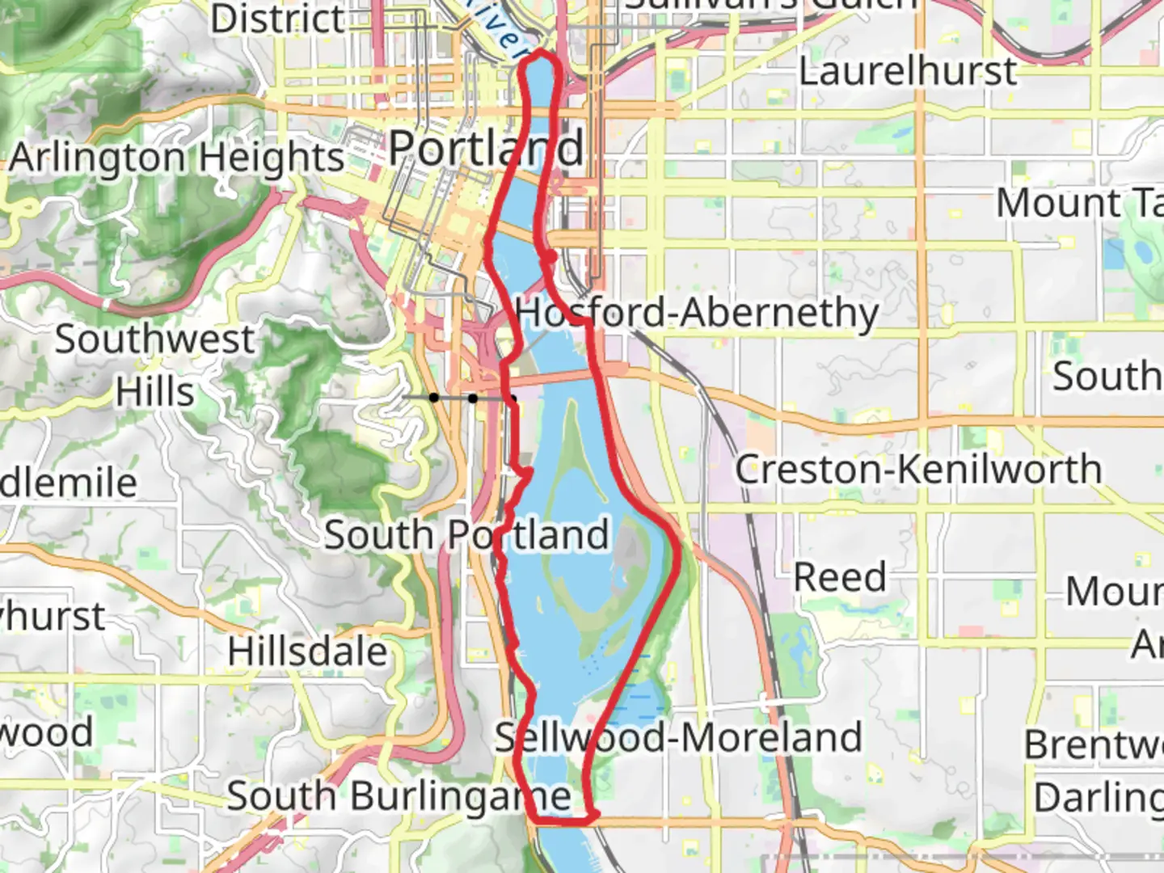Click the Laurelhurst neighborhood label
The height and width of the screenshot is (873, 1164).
point(907,71)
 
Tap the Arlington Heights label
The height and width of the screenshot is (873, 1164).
point(177,158)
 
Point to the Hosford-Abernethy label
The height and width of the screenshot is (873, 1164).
point(697,313)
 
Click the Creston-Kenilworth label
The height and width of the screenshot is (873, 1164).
point(918,470)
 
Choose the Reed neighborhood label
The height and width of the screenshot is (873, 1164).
point(840,577)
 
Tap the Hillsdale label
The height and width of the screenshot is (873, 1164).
point(308,652)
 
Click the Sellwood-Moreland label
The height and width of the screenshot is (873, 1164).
point(678,737)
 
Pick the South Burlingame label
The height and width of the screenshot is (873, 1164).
point(399,796)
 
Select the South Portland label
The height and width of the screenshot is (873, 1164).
point(466,534)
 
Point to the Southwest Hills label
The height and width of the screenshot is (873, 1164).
point(154,365)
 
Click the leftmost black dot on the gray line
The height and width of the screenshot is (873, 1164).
point(434,397)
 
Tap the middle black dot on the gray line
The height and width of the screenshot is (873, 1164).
point(473,398)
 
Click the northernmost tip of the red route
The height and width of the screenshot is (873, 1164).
point(540,53)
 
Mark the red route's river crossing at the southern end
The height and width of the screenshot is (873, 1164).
point(562,821)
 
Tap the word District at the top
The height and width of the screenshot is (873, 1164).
point(277,19)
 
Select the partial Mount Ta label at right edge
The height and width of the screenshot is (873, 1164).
point(1079,203)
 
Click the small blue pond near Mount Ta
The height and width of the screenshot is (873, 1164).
point(1141,252)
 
